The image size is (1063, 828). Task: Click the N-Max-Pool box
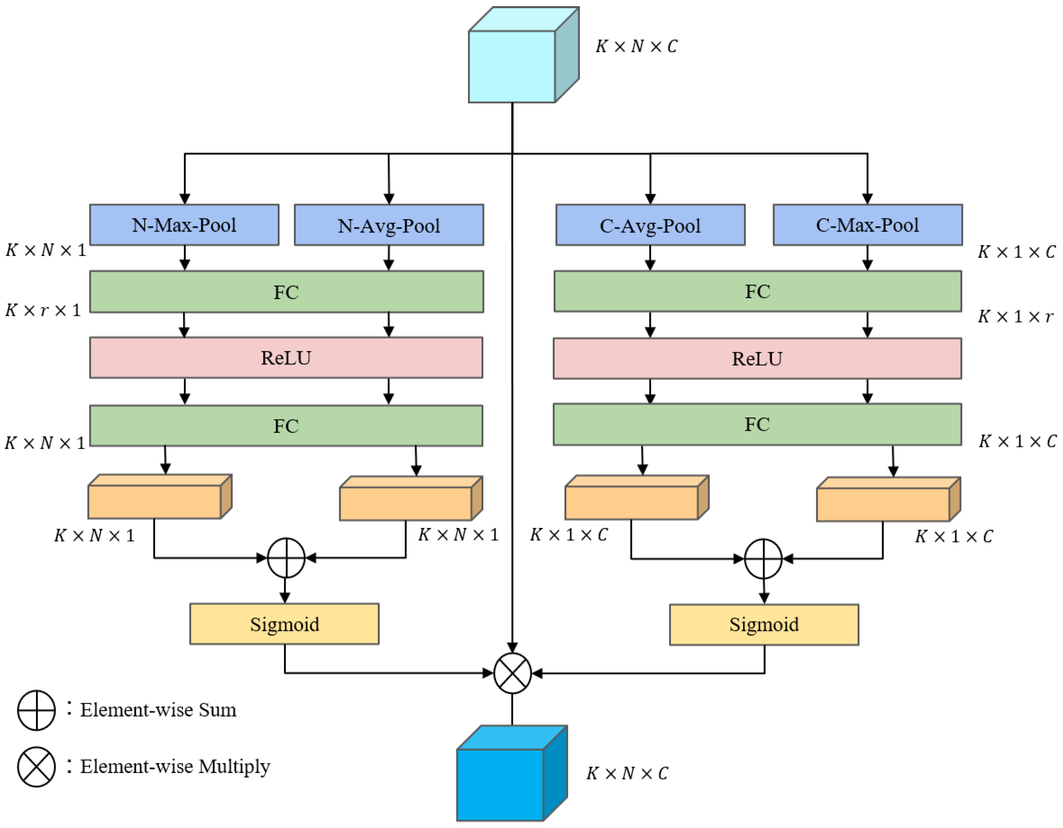(x=184, y=225)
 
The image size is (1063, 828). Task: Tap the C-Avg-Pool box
(x=650, y=225)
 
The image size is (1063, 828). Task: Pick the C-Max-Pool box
(x=867, y=225)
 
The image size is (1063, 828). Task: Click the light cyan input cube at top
(x=512, y=66)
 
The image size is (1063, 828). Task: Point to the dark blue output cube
(x=500, y=784)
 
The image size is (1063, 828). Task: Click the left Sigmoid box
(x=284, y=624)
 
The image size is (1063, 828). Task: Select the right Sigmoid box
(x=764, y=625)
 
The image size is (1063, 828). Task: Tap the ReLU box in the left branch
(x=286, y=358)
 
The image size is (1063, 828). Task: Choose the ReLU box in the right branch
(x=757, y=359)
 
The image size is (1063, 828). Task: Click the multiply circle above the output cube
(x=512, y=673)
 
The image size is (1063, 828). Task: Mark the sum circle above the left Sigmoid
(x=286, y=558)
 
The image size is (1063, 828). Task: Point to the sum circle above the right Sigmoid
(x=763, y=559)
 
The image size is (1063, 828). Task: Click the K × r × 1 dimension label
(x=43, y=310)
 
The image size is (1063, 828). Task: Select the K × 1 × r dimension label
(x=1015, y=317)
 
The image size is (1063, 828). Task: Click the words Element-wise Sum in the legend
(x=158, y=710)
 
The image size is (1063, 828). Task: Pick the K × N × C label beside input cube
(x=636, y=46)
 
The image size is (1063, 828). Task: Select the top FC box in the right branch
(x=757, y=291)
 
